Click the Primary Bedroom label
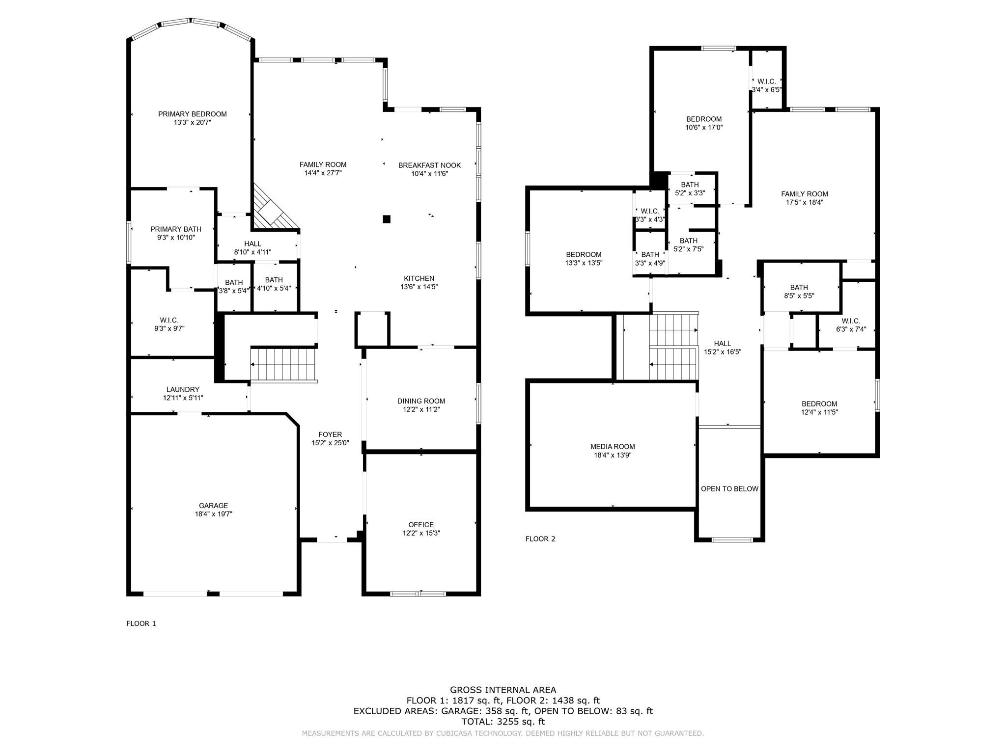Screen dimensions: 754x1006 (192, 114)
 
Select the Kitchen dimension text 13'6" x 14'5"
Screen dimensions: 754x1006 (419, 287)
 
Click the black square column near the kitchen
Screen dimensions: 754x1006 (387, 219)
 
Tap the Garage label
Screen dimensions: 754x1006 (213, 506)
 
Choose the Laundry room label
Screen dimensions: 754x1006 (183, 389)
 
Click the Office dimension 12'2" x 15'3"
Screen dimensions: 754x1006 (421, 533)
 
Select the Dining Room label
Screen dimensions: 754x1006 (421, 401)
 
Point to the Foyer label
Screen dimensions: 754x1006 (330, 434)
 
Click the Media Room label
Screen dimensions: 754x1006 (613, 447)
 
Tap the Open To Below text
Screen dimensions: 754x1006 (729, 489)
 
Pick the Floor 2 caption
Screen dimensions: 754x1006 (540, 539)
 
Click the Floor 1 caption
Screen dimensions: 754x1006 (141, 623)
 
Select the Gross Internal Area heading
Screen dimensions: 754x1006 (503, 690)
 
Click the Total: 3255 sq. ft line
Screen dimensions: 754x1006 (503, 722)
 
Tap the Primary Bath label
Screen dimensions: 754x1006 (176, 229)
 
